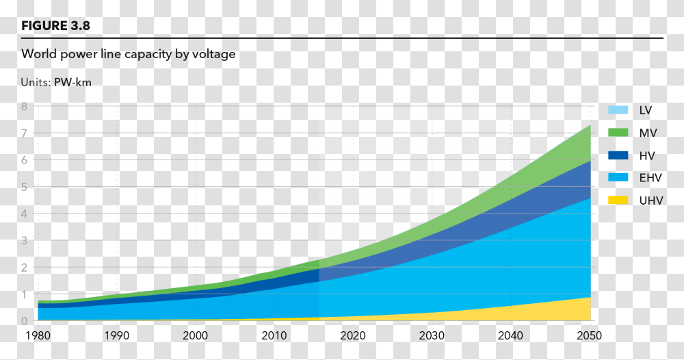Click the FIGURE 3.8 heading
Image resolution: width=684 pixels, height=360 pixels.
(x=55, y=26)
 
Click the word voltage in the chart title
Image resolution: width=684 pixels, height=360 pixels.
(x=213, y=54)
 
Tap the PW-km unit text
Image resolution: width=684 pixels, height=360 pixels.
(x=73, y=82)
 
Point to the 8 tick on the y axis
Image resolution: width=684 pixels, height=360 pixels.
(x=24, y=107)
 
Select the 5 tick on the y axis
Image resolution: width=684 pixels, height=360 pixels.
(x=24, y=187)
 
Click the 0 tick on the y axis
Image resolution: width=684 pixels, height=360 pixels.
(x=24, y=321)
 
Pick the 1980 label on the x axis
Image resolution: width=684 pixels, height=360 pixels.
(x=38, y=336)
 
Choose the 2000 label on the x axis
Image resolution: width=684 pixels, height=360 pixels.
(x=196, y=336)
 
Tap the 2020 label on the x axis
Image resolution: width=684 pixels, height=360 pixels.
(x=353, y=336)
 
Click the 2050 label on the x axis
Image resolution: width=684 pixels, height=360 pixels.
(x=590, y=336)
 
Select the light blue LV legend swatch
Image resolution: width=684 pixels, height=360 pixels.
(x=618, y=110)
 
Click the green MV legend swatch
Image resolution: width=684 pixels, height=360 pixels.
(x=618, y=133)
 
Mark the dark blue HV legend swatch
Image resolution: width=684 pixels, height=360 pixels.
(x=618, y=155)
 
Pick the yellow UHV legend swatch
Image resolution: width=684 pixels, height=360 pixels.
(x=618, y=200)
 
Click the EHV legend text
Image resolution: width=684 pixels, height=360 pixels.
(x=650, y=178)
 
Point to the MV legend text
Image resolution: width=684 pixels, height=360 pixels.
(x=648, y=133)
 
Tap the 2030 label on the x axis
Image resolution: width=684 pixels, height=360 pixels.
(x=432, y=336)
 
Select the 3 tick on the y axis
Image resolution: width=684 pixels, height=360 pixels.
(x=24, y=241)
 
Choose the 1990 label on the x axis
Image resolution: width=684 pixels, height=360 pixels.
(x=117, y=336)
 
